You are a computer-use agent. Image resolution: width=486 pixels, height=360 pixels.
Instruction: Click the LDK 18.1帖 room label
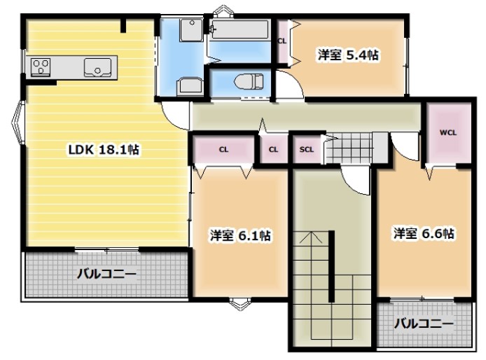pos(103,149)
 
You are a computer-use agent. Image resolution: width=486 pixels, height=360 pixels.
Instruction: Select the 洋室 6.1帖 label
pos(239,236)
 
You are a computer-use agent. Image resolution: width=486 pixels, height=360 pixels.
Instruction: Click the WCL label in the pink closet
pos(448,132)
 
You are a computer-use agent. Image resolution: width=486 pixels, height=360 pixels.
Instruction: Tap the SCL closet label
pos(306,149)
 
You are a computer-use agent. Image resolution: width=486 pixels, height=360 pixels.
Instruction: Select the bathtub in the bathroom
pos(239,31)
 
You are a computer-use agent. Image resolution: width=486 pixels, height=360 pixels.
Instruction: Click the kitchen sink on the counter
pos(99,68)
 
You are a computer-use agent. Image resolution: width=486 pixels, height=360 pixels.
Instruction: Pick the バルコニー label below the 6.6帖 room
pos(422,324)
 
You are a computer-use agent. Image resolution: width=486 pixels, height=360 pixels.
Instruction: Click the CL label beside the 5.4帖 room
pos(282,41)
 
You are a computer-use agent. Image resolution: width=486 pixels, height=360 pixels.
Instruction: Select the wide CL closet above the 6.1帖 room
pos(223,149)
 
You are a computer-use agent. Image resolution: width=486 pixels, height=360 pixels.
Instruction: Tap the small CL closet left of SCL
pos(273,149)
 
